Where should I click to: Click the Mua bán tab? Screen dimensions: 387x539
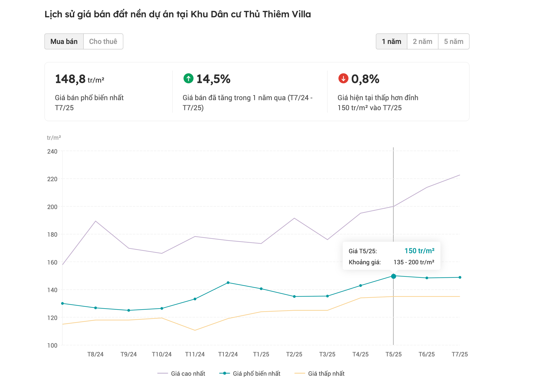(x=64, y=41)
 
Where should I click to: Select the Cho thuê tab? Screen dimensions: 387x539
(x=103, y=41)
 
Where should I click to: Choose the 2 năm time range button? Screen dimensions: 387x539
(x=422, y=41)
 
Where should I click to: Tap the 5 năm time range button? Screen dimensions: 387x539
(x=454, y=41)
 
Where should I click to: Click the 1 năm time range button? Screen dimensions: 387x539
(x=391, y=41)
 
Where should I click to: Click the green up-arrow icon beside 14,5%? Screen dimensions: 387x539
(x=188, y=78)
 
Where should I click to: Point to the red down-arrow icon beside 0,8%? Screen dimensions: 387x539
(x=343, y=78)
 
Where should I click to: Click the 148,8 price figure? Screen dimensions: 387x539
(x=70, y=79)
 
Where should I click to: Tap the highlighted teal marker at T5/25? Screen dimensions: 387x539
(x=393, y=276)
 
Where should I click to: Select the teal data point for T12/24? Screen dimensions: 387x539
(x=228, y=283)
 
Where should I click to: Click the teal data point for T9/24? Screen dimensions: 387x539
(x=129, y=310)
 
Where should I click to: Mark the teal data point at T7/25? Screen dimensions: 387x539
(x=460, y=277)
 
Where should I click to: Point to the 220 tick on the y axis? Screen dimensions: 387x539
(x=52, y=179)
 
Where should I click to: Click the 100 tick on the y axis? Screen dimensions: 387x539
(x=52, y=345)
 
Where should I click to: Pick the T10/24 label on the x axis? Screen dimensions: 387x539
(x=162, y=354)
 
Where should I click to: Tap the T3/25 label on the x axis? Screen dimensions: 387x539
(x=327, y=354)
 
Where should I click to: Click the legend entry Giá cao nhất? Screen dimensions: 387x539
(x=188, y=373)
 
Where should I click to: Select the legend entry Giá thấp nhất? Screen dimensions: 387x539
(x=326, y=373)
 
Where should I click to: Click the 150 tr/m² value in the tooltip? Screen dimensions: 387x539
(x=419, y=251)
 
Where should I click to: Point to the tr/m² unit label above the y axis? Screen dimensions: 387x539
(x=54, y=138)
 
